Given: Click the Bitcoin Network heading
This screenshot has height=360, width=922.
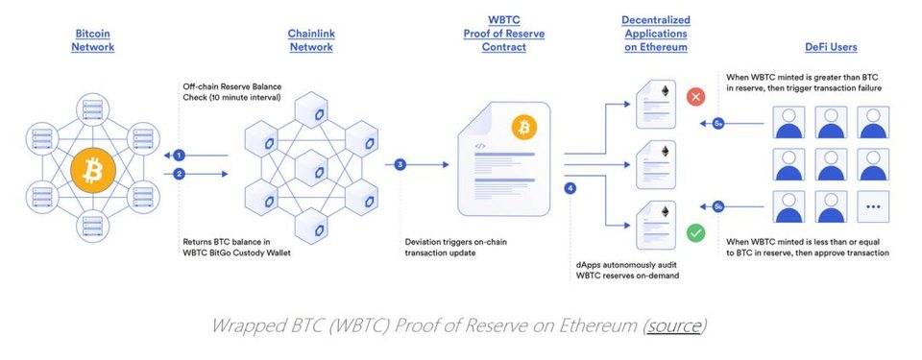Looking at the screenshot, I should (92, 39).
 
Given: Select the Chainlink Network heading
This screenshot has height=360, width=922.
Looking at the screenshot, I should (312, 39).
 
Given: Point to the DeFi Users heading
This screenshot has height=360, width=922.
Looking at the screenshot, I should (830, 46).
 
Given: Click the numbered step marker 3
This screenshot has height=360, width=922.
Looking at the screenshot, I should (400, 164).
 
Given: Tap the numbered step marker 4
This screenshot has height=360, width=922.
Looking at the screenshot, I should (571, 189).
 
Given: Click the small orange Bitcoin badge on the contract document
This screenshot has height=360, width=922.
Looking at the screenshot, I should (523, 127).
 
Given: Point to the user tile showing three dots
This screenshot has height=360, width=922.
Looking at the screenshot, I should (872, 206).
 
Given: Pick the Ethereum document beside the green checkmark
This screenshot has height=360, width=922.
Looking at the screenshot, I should (658, 223).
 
